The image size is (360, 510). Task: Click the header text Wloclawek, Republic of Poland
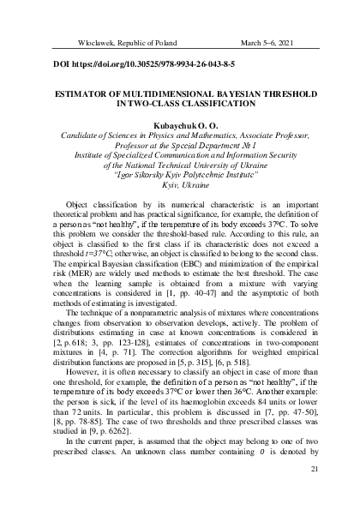pyautogui.click(x=104, y=41)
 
